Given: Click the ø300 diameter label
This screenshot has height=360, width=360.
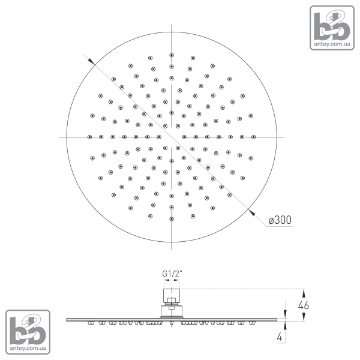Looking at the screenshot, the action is pos(280,220).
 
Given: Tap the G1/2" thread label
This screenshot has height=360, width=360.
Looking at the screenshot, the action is pos(172,274).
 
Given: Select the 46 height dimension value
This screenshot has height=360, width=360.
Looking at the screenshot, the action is pos(303,305).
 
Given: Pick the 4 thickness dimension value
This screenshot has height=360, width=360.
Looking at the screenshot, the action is pos(280,337).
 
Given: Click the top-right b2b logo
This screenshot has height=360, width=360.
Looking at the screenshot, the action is pos(332,28).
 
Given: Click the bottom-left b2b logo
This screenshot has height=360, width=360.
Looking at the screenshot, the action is pos(28,332).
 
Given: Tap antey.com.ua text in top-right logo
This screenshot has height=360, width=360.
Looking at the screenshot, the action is pos(332,44).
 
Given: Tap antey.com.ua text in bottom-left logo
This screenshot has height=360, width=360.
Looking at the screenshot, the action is pos(28,348).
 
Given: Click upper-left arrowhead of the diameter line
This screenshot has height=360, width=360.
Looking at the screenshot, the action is pos(91,61).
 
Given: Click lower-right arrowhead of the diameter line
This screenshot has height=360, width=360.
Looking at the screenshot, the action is pos(252,212).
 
